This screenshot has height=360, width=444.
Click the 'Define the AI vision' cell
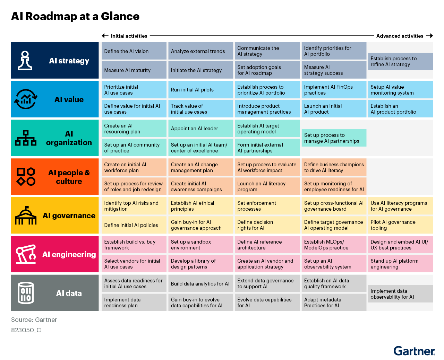[x=134, y=51]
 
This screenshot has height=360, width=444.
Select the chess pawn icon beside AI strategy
[x=25, y=60]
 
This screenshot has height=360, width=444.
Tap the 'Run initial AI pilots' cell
[x=200, y=89]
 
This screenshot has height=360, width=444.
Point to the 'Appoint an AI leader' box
[x=200, y=128]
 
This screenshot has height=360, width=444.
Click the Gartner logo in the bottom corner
[x=414, y=351]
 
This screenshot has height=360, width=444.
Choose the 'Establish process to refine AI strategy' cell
[x=400, y=61]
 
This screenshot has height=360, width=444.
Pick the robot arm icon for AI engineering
[x=26, y=254]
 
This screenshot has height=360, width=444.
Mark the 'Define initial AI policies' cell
[x=134, y=225]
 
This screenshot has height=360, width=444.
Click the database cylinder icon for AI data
[x=26, y=293]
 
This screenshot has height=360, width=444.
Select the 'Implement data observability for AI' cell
[x=400, y=293]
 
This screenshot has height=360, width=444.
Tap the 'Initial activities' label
[x=129, y=36]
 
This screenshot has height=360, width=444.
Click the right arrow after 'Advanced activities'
[x=429, y=36]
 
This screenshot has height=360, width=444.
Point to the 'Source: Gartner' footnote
[x=34, y=319]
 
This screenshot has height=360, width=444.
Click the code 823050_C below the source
[x=26, y=330]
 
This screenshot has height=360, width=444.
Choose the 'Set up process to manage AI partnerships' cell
[x=334, y=138]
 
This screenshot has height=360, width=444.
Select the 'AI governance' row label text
[x=69, y=216]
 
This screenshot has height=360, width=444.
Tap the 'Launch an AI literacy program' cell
[x=267, y=186]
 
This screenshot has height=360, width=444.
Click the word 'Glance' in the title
[x=120, y=16]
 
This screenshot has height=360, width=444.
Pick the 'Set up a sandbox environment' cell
[x=200, y=244]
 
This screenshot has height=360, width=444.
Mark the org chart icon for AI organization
[x=26, y=138]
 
